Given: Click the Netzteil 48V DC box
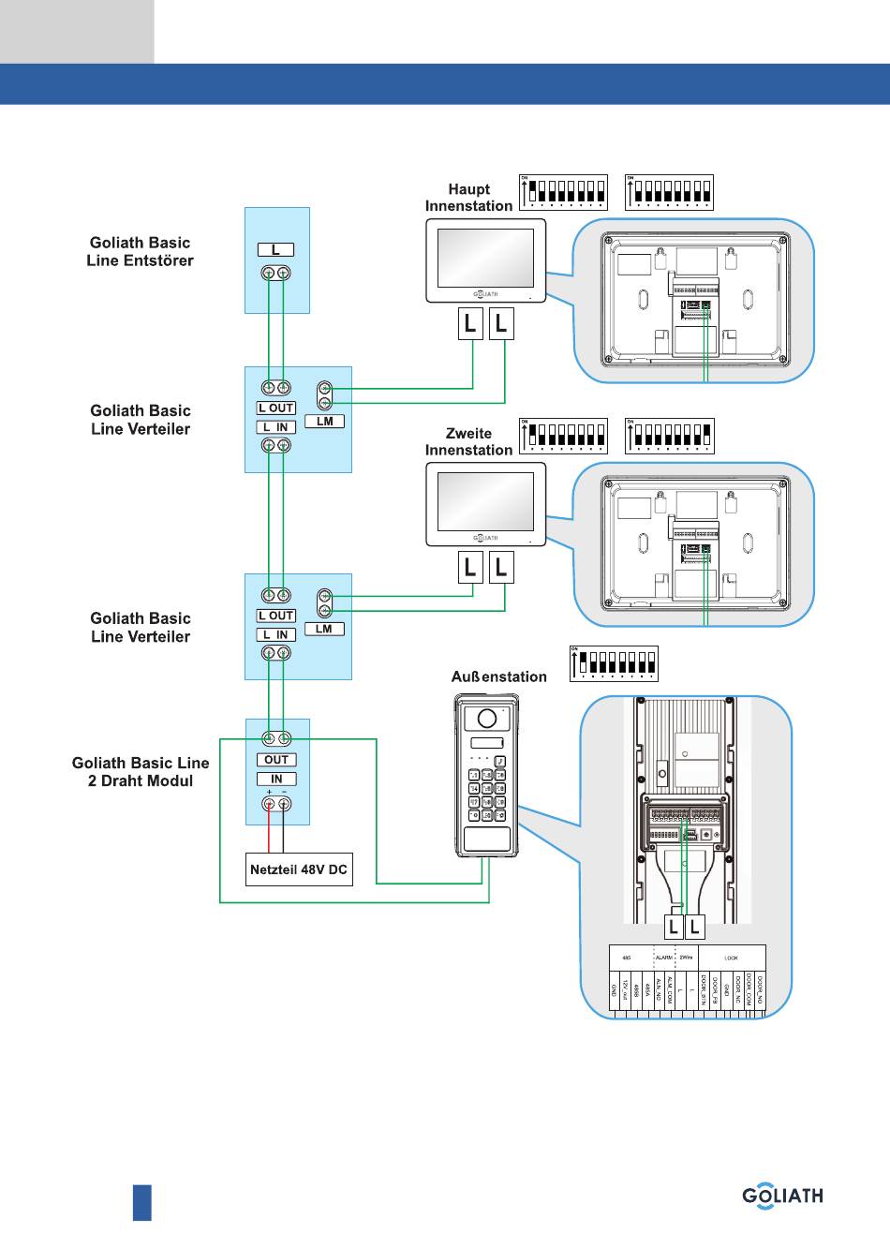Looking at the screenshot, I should click(299, 869).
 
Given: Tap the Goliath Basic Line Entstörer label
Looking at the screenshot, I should click(140, 252).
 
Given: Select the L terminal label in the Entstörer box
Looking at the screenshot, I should click(275, 249).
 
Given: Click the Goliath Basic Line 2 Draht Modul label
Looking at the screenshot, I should click(141, 772).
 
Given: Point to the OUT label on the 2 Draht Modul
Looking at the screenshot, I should click(276, 760).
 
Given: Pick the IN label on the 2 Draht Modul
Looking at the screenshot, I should click(276, 779).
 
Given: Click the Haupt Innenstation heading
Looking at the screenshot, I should click(468, 198).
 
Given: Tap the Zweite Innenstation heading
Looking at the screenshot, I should click(468, 441).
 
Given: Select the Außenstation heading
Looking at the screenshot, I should click(498, 676).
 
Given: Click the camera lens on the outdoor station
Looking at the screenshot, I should click(486, 719).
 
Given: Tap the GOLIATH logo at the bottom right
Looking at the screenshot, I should click(782, 1196).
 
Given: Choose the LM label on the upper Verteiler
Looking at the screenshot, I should click(324, 422).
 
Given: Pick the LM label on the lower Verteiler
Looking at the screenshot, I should click(324, 629).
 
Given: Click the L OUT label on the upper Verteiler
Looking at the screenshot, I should click(276, 409).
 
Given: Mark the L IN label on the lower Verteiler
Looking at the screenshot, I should click(276, 634).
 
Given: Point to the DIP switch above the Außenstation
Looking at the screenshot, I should click(614, 663).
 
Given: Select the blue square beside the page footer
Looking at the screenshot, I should click(141, 1202).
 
